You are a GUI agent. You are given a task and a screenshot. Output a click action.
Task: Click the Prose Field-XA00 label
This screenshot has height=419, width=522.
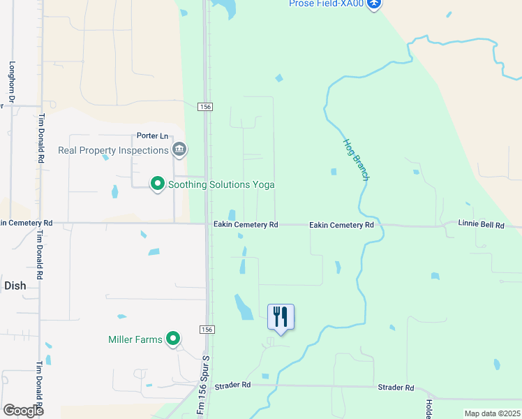[327, 4]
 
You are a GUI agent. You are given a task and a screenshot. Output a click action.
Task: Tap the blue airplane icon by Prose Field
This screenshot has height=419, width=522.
[375, 4]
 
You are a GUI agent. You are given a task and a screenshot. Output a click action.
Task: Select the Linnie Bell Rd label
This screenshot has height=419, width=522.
[481, 225]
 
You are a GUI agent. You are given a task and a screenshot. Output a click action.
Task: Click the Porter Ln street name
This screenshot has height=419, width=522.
[153, 136]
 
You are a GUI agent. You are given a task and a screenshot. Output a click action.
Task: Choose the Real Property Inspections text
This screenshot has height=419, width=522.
[113, 150]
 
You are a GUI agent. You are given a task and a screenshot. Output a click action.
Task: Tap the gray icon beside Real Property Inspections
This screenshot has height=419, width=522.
[179, 149]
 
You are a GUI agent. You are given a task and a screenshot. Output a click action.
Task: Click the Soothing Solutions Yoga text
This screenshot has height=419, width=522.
[221, 184]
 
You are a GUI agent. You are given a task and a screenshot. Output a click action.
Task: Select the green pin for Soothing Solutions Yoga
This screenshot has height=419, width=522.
[158, 184]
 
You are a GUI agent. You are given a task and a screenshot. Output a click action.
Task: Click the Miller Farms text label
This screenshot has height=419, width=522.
[135, 340]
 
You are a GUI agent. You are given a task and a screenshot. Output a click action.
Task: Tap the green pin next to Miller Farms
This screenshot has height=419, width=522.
[173, 339]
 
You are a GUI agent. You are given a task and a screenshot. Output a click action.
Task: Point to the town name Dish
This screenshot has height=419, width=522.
[15, 286]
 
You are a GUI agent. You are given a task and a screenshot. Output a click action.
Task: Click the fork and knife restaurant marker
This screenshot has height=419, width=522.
[281, 317]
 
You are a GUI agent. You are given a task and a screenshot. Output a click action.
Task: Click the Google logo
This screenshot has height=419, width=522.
[24, 411]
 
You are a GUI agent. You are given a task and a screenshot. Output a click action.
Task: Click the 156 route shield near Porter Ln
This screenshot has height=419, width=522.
[204, 107]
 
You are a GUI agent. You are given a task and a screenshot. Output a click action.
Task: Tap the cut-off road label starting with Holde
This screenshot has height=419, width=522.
[428, 406]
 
